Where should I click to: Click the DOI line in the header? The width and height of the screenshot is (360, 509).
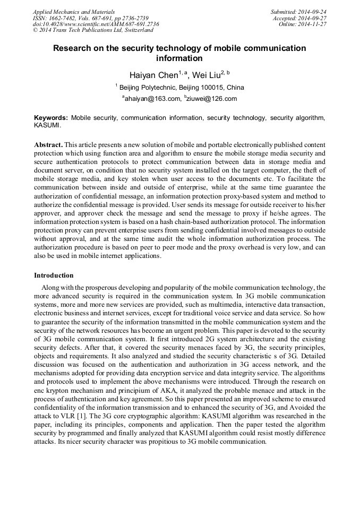(96, 24)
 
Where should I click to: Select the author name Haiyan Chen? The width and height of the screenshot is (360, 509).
(153, 75)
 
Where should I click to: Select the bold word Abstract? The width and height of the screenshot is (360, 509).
(48, 144)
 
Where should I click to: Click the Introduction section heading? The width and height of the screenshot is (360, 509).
(54, 275)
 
